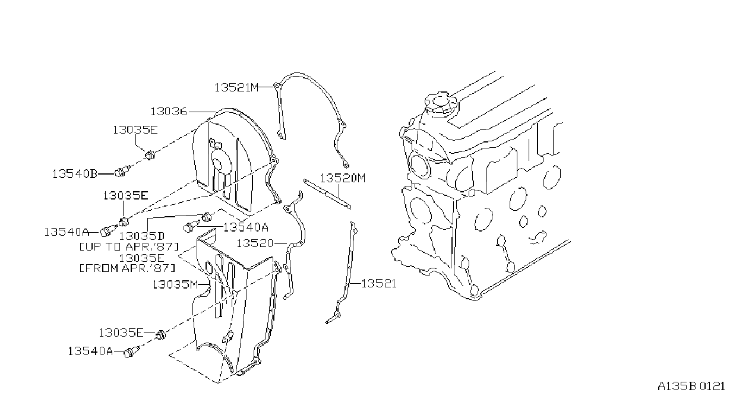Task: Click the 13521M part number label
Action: (236, 87)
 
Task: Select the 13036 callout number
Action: (169, 112)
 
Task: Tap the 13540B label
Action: (75, 173)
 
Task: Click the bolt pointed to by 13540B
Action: (122, 170)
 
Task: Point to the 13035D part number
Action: (142, 236)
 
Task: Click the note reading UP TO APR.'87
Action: (129, 246)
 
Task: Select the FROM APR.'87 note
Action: (128, 268)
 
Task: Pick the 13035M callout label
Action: (175, 284)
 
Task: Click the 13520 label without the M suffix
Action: (255, 243)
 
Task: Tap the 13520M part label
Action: (343, 178)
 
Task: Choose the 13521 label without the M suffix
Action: (379, 284)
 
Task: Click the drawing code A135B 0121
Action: (691, 387)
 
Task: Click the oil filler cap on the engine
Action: (441, 103)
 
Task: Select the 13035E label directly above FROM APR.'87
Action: (141, 258)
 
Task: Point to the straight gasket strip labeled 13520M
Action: (327, 194)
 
